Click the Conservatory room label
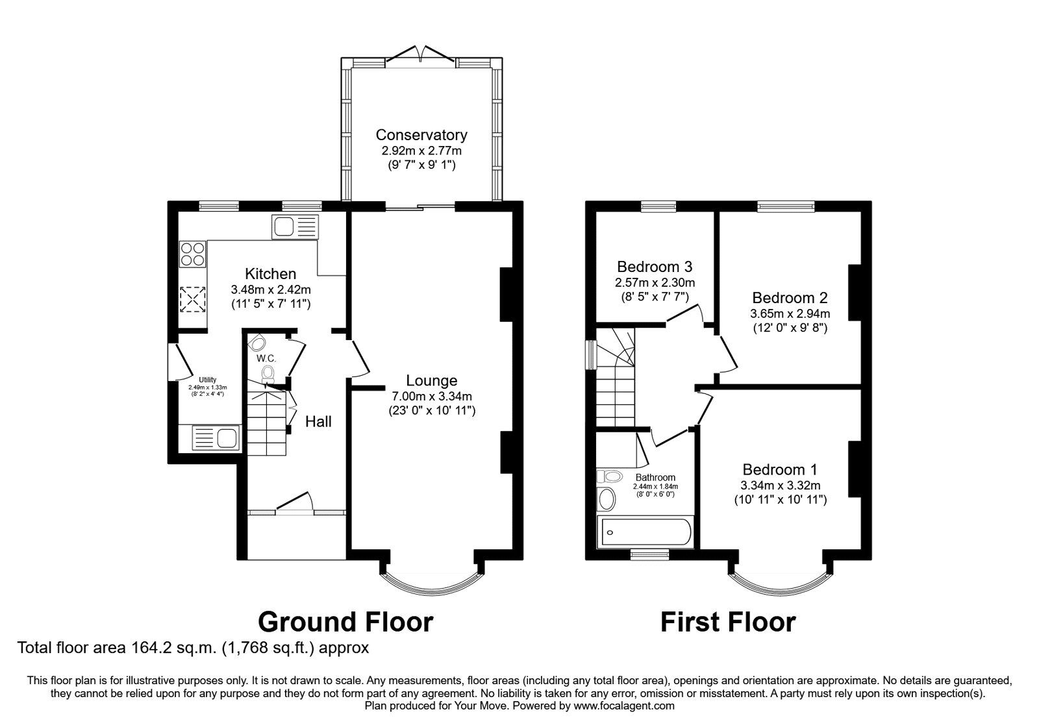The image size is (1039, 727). point(421,135)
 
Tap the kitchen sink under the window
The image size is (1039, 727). point(295,227)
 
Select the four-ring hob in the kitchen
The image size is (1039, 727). point(193,253)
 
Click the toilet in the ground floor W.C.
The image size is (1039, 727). point(268,373)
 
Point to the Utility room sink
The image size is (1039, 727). point(217,437)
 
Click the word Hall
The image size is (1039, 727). point(318,422)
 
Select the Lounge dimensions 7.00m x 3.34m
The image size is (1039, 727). point(431,396)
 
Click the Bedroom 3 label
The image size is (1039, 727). point(655,267)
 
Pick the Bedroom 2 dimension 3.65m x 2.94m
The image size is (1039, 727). point(790,314)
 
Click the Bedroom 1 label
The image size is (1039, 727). point(780,469)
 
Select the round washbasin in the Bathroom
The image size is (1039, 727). point(607,499)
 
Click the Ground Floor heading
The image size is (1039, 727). point(345,622)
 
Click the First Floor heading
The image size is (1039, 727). point(727,622)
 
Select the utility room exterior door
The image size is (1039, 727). point(175,360)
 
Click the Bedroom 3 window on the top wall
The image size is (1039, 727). point(658,206)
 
